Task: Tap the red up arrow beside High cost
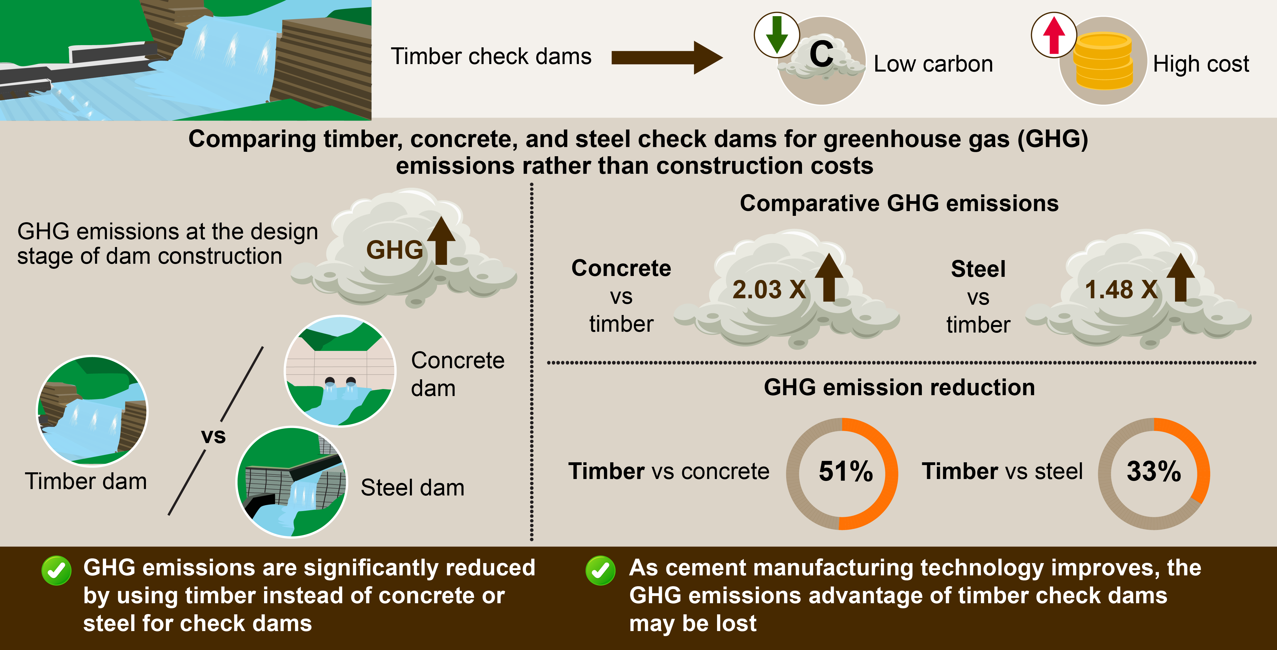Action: click(1054, 35)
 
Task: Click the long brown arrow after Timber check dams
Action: click(667, 57)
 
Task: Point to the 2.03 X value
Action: click(769, 289)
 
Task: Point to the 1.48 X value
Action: click(1121, 289)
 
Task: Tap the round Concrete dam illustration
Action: click(340, 371)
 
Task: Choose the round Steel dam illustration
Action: click(291, 482)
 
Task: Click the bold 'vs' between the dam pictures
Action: click(213, 436)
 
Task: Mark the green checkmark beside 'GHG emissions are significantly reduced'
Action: click(56, 571)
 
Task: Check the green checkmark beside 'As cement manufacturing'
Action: click(600, 571)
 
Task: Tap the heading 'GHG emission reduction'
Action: click(899, 387)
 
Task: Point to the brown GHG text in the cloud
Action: click(394, 250)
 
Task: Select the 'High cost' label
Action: click(1201, 64)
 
